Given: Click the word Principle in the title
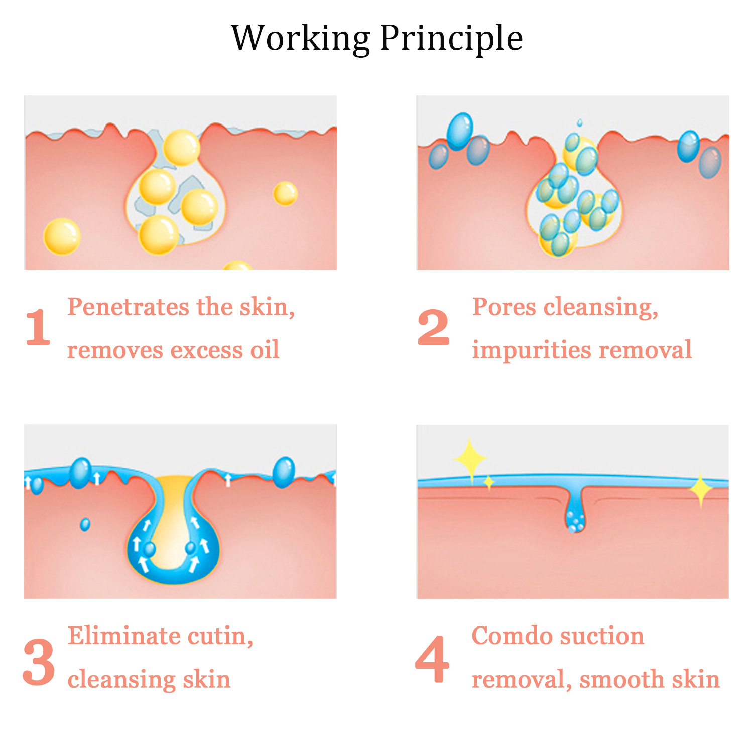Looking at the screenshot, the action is coord(451,39).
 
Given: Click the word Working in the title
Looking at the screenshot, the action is coord(300,39).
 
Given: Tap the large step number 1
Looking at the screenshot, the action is coord(38,327).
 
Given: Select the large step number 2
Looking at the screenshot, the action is coord(433,327).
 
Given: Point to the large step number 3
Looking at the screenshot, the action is coord(39,662).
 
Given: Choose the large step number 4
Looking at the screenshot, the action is coord(432,660).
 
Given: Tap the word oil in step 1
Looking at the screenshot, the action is coord(265,350).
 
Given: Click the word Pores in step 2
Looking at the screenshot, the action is coord(504,307).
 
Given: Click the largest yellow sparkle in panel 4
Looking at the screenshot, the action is coord(470,458).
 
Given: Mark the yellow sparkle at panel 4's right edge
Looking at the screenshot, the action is coord(701,489).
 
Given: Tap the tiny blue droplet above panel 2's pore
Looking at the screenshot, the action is coord(580,122).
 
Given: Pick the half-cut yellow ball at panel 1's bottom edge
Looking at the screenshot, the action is coord(237,265).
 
